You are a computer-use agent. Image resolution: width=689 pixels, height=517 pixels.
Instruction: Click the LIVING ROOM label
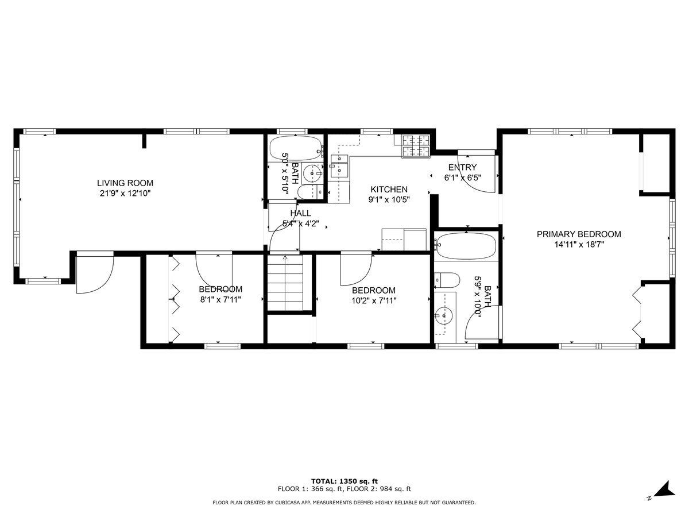click(x=125, y=183)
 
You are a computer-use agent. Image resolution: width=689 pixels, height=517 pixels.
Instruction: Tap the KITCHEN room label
click(x=389, y=190)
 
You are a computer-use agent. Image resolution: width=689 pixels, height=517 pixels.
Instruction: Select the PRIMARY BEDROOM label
click(x=579, y=234)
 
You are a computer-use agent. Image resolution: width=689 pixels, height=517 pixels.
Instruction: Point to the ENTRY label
click(x=462, y=167)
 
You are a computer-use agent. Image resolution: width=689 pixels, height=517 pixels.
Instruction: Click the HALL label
click(x=301, y=213)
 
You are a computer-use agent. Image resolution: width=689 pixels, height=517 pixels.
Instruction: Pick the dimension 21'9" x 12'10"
click(x=125, y=194)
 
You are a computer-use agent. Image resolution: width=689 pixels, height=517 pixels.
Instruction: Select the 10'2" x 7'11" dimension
click(x=374, y=300)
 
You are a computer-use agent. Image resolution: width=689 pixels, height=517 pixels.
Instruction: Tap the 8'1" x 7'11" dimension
click(x=220, y=299)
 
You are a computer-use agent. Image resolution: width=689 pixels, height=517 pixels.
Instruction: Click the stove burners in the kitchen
click(x=416, y=145)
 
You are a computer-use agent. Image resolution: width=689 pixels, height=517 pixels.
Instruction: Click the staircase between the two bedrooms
click(x=285, y=283)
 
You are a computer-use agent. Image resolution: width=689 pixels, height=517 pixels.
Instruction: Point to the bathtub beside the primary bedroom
click(x=466, y=246)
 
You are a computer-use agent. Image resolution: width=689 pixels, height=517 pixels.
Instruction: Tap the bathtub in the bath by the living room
click(x=296, y=149)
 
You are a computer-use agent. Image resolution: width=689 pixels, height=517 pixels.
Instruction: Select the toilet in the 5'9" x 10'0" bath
click(x=447, y=280)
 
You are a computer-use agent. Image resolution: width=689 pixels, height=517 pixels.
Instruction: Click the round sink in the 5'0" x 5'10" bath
click(x=313, y=173)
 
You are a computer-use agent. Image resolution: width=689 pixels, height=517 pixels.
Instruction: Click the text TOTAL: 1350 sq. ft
click(x=344, y=481)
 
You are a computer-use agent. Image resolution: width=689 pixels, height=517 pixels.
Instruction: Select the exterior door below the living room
click(x=95, y=272)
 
